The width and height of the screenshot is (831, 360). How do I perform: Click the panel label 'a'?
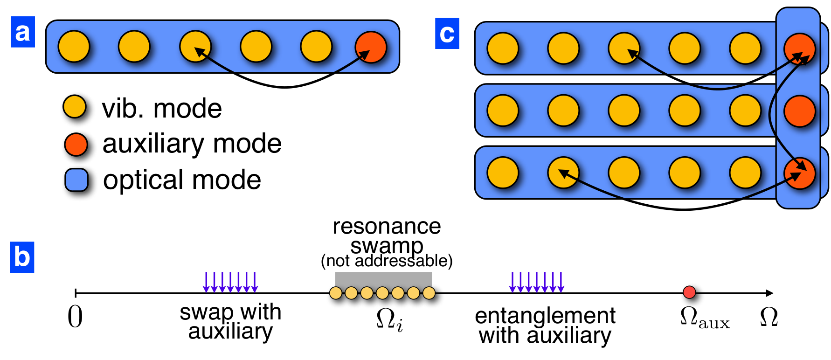[x=22, y=32]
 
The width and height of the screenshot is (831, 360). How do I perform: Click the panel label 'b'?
[x=22, y=257]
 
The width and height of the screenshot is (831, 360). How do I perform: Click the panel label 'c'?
[x=447, y=34]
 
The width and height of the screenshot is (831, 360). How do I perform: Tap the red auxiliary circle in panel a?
[x=371, y=47]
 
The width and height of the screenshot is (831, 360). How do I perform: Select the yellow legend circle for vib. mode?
[x=75, y=107]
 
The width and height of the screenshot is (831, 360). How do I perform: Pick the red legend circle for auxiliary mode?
[x=76, y=144]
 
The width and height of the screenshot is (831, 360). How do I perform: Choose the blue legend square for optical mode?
[x=76, y=180]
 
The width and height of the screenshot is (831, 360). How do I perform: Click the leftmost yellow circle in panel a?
[x=74, y=47]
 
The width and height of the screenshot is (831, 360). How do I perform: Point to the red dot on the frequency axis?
[x=689, y=292]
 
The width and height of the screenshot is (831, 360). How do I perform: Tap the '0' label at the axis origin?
[x=75, y=317]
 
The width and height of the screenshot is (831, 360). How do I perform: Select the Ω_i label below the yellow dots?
[x=389, y=320]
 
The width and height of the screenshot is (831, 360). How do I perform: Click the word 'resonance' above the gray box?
[x=387, y=226]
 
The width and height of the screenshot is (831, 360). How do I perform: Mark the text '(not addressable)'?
[x=387, y=261]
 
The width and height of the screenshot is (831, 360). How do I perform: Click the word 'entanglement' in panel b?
[x=545, y=316]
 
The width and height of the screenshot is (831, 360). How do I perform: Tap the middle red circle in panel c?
[x=800, y=111]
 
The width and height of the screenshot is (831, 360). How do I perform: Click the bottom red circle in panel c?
[x=800, y=173]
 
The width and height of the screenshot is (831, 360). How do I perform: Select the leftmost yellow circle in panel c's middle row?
[x=503, y=111]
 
